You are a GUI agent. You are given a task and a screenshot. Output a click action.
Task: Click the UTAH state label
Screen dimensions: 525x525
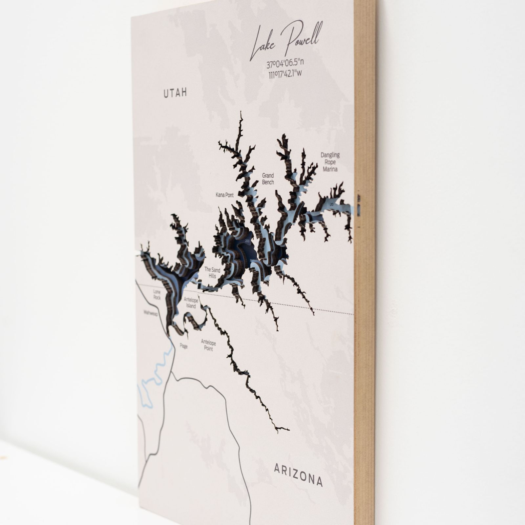(x=175, y=93)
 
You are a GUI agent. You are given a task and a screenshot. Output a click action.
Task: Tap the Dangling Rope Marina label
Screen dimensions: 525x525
(x=330, y=162)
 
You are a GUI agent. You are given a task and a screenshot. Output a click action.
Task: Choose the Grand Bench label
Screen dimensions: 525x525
(x=268, y=179)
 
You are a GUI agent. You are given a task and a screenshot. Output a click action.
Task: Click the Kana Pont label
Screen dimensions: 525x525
(x=224, y=195)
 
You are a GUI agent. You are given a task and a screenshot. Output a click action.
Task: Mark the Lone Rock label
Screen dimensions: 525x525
(x=157, y=294)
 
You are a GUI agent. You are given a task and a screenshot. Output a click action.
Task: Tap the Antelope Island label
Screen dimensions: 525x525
(x=191, y=303)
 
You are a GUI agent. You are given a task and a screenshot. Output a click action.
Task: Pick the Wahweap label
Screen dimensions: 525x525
(x=150, y=313)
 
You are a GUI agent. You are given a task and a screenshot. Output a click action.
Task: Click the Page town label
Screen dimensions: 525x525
(x=183, y=346)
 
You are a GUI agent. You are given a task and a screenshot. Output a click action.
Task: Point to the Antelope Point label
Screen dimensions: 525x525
(x=208, y=345)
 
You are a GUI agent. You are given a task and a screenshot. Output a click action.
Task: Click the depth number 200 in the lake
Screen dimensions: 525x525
(x=247, y=241)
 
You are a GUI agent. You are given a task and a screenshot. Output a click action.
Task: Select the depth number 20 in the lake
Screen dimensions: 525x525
(x=331, y=204)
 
